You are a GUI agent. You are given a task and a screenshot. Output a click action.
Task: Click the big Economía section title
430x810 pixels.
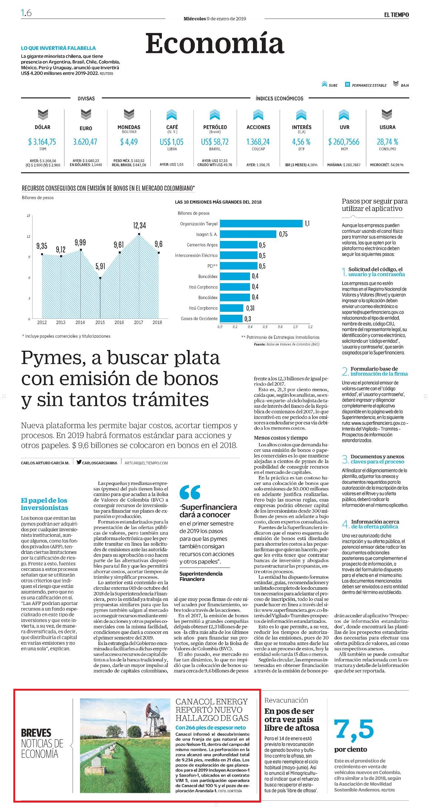pyautogui.click(x=215, y=44)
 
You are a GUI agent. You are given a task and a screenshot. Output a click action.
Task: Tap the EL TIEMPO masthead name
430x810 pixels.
pyautogui.click(x=396, y=15)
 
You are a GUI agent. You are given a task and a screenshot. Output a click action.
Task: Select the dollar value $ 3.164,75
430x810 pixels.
pyautogui.click(x=42, y=142)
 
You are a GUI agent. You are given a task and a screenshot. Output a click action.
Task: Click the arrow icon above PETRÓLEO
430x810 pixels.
pyautogui.click(x=215, y=115)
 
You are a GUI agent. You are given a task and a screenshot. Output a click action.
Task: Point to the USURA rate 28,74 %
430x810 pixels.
pyautogui.click(x=387, y=142)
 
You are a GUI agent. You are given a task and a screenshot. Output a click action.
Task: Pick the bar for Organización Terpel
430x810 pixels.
pyautogui.click(x=261, y=224)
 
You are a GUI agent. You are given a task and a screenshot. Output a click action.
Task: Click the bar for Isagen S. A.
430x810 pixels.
pyautogui.click(x=248, y=234)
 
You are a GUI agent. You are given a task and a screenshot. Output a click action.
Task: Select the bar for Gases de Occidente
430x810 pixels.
pyautogui.click(x=231, y=319)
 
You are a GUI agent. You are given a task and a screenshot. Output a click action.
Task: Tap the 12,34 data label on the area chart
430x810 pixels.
pyautogui.click(x=139, y=225)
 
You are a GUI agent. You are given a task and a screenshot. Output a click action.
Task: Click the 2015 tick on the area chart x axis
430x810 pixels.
pyautogui.click(x=100, y=323)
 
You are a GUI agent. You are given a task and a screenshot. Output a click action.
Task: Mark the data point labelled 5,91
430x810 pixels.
pyautogui.click(x=100, y=278)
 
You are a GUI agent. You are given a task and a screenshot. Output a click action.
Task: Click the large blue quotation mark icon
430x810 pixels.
pyautogui.click(x=190, y=492)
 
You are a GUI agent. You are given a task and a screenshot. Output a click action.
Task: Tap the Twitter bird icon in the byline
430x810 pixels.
pyautogui.click(x=79, y=462)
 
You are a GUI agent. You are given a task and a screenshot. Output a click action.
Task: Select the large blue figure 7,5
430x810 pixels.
pyautogui.click(x=354, y=730)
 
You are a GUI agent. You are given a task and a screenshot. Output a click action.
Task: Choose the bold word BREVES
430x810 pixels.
pyautogui.click(x=36, y=733)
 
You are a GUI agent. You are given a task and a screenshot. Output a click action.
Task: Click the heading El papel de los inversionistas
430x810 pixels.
pyautogui.click(x=44, y=504)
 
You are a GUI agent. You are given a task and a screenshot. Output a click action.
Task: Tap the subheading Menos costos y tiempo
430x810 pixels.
pyautogui.click(x=281, y=438)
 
